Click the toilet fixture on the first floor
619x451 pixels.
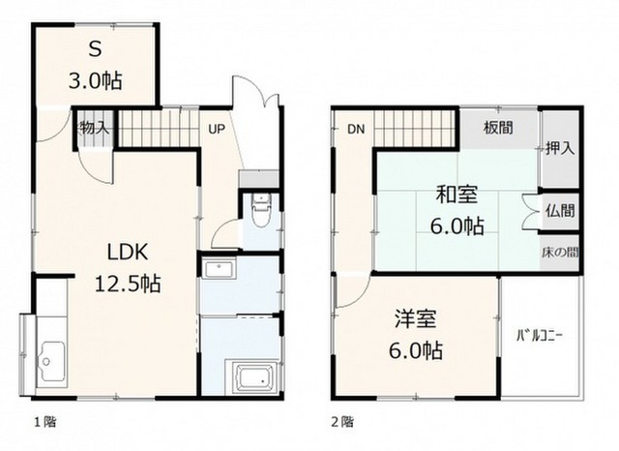pyautogui.click(x=260, y=210)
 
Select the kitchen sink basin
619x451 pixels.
pyautogui.click(x=51, y=361)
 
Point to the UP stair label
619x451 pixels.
pyautogui.click(x=217, y=129)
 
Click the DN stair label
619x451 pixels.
pyautogui.click(x=356, y=129)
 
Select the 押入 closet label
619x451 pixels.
pyautogui.click(x=560, y=148)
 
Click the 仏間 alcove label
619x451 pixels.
pyautogui.click(x=560, y=210)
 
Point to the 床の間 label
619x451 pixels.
pyautogui.click(x=560, y=252)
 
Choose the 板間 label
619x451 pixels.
pyautogui.click(x=499, y=128)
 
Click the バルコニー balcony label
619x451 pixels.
pyautogui.click(x=540, y=336)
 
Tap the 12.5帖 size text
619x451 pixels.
pyautogui.click(x=128, y=284)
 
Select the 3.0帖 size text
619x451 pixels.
pyautogui.click(x=95, y=80)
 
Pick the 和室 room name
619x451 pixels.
pyautogui.click(x=457, y=195)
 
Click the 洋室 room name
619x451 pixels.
pyautogui.click(x=416, y=318)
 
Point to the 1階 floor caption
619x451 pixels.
pyautogui.click(x=44, y=422)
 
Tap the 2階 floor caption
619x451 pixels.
pyautogui.click(x=342, y=422)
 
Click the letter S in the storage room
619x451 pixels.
pyautogui.click(x=95, y=49)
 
